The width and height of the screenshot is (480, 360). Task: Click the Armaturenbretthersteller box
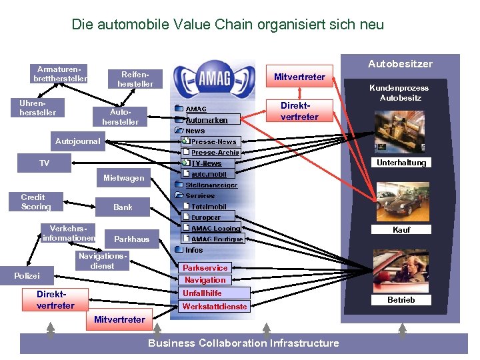(x=60, y=74)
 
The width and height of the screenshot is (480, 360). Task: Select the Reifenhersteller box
(x=135, y=79)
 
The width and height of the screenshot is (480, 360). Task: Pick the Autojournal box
(x=77, y=141)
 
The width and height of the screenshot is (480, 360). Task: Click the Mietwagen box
(x=123, y=178)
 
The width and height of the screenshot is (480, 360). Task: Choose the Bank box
(x=123, y=207)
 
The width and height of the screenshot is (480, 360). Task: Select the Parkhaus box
(x=132, y=239)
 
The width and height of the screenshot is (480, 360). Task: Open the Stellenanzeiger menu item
(x=210, y=185)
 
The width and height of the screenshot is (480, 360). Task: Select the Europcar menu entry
(x=206, y=217)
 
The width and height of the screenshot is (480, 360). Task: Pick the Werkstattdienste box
(x=215, y=307)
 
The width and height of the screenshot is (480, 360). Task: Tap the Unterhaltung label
(x=401, y=163)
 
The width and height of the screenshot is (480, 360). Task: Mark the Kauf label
(x=401, y=229)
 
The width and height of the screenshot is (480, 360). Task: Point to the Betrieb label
(x=401, y=300)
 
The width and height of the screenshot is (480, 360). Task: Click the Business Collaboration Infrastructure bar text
(x=243, y=343)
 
